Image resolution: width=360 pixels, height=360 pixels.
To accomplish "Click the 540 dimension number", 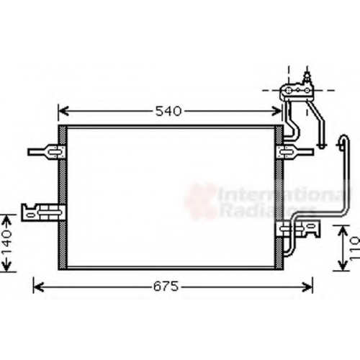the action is pyautogui.click(x=168, y=112).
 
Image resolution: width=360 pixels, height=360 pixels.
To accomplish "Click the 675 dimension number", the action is pyautogui.click(x=166, y=287).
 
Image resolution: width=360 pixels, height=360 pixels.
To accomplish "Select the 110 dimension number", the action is pyautogui.click(x=355, y=248).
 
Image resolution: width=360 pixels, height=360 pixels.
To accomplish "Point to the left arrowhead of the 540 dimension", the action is pyautogui.click(x=63, y=112).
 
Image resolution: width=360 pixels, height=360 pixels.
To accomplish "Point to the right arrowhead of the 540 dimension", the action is pyautogui.click(x=276, y=112).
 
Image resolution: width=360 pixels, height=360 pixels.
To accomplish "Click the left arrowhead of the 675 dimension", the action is pyautogui.click(x=38, y=287).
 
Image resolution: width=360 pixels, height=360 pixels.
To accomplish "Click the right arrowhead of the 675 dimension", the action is pyautogui.click(x=307, y=287).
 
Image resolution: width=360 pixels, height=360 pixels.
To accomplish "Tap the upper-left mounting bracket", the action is pyautogui.click(x=47, y=152).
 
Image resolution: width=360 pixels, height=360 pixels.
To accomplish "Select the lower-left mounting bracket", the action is pyautogui.click(x=43, y=212).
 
